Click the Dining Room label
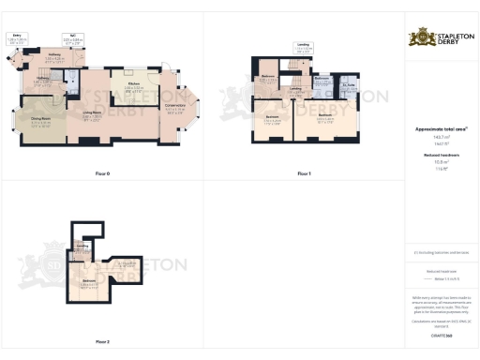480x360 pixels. (x=40, y=121)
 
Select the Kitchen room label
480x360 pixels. (x=132, y=88)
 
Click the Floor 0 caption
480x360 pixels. (x=102, y=174)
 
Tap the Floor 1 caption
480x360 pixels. (x=303, y=174)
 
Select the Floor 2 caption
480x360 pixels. (x=102, y=341)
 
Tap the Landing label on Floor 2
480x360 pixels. (x=82, y=247)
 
